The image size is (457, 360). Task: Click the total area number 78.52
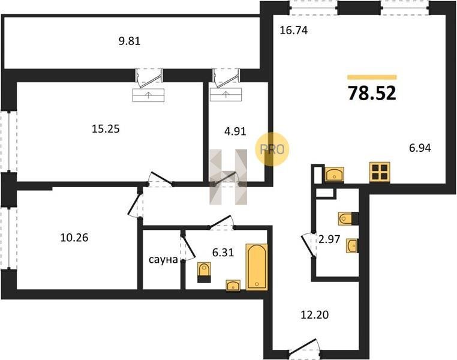[372, 93]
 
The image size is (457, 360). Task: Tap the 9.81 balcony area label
[130, 41]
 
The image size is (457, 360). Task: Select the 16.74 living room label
[293, 30]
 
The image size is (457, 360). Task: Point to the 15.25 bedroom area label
[106, 128]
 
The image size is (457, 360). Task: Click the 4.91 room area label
[235, 131]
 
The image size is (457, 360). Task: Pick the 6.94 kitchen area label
[420, 148]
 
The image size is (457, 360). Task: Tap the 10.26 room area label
[74, 238]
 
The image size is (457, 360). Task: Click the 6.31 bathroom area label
[223, 253]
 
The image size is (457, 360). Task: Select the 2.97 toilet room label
[329, 239]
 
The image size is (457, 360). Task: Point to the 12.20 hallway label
[314, 315]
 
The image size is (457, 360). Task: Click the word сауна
[163, 259]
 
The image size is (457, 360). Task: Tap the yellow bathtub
[257, 267]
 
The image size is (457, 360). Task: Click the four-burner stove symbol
[380, 172]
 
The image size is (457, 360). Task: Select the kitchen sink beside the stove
[334, 175]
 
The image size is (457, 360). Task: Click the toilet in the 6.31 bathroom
[204, 272]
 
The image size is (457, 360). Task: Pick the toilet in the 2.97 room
[348, 218]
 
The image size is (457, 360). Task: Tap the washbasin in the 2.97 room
[352, 245]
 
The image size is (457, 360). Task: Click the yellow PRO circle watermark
[272, 149]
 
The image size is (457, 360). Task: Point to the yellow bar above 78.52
[372, 77]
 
